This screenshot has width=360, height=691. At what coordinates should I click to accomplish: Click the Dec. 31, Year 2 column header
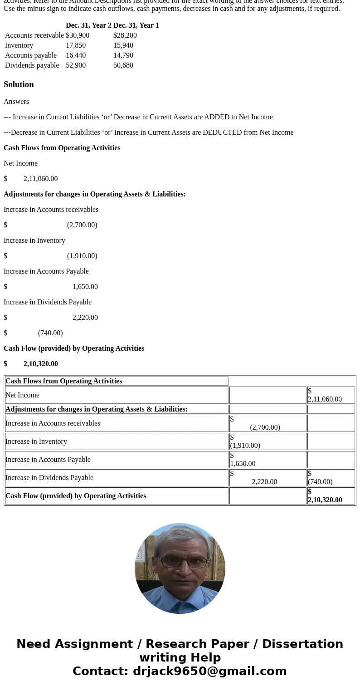point(88,25)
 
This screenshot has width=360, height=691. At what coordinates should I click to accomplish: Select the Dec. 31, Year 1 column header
point(136,25)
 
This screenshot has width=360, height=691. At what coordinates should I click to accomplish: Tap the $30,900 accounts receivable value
point(78,35)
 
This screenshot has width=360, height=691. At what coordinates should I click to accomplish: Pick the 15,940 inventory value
point(123,45)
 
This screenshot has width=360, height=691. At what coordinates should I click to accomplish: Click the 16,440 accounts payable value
point(76,55)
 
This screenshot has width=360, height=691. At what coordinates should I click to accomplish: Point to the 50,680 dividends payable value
point(123,65)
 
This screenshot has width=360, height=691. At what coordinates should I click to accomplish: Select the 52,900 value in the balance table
point(76,65)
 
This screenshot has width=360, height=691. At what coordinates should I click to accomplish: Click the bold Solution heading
point(19,84)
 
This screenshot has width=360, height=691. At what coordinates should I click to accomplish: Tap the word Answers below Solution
point(16,102)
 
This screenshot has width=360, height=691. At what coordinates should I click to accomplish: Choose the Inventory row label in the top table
point(19,45)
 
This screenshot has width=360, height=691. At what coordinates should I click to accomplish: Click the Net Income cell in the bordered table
point(23,395)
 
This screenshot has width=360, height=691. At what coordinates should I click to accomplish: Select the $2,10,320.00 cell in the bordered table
point(325,496)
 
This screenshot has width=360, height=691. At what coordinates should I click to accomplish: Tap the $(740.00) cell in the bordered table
point(320,478)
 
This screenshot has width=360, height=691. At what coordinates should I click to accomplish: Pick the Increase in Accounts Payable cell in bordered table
point(48,460)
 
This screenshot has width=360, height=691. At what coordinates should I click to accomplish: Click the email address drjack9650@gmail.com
point(209,671)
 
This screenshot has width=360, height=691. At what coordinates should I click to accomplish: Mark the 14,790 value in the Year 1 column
point(123,55)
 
